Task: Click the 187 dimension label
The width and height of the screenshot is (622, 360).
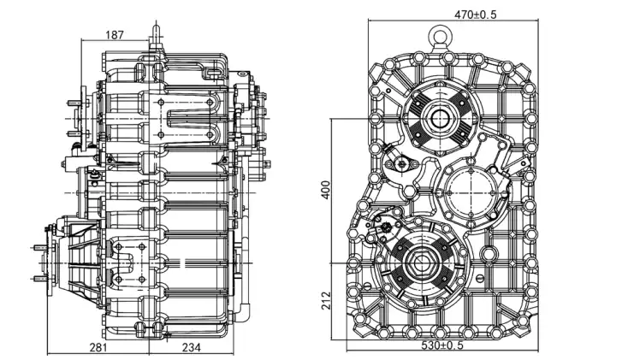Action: click(115, 35)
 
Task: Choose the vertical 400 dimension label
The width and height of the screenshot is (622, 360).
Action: click(324, 190)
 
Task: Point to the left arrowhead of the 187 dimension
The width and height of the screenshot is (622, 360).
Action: click(82, 41)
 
